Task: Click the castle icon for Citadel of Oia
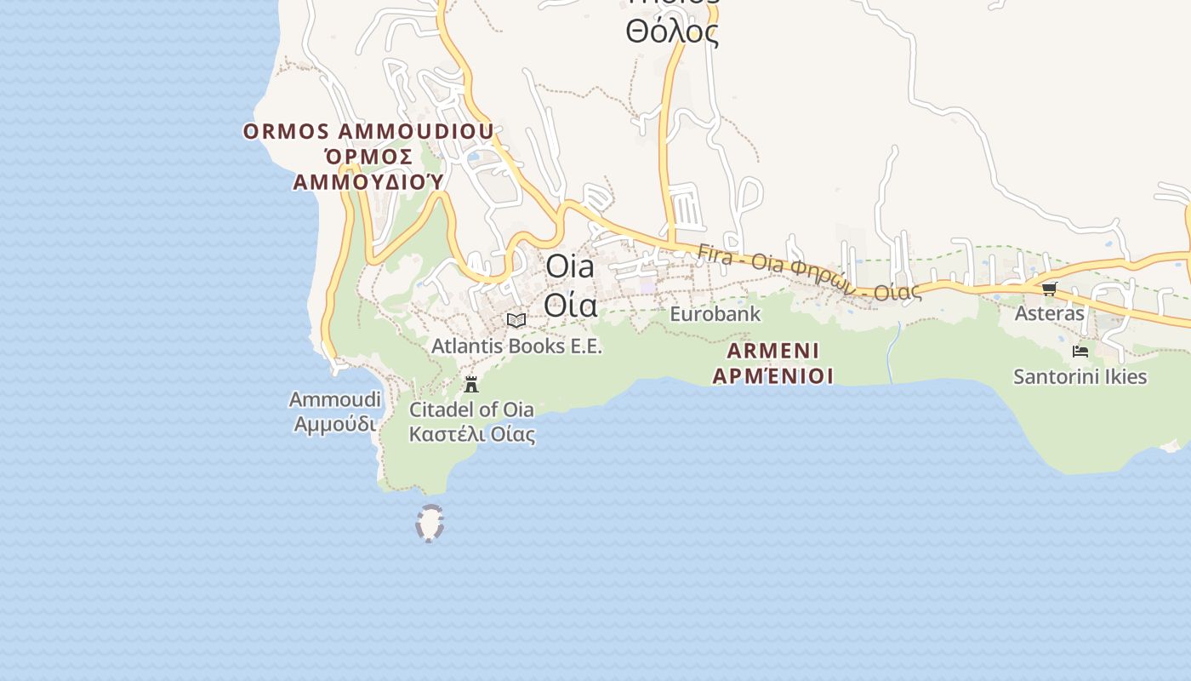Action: tap(471, 384)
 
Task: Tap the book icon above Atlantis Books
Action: tap(516, 320)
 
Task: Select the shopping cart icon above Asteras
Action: tap(1050, 289)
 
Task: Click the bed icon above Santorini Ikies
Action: tap(1080, 351)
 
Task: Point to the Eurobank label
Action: tap(715, 314)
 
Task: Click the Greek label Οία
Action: tap(570, 304)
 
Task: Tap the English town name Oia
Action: tap(570, 266)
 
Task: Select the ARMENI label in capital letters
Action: tap(773, 351)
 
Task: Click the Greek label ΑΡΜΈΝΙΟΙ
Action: tap(772, 375)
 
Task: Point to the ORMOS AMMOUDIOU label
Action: tap(368, 132)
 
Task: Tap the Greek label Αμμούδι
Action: tap(335, 423)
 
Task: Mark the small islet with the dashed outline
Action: tap(430, 524)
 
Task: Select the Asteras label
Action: tap(1049, 313)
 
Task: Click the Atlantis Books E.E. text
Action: tap(516, 346)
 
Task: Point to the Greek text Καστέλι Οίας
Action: tap(472, 434)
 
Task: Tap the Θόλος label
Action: tap(672, 32)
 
